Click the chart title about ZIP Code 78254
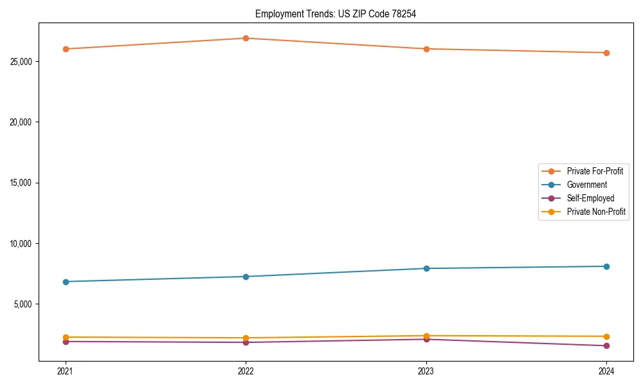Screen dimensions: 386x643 tap(336, 14)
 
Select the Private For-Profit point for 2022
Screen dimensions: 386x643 tap(246, 38)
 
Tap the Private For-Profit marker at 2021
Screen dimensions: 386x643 tap(66, 49)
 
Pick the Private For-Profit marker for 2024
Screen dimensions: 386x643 tap(606, 53)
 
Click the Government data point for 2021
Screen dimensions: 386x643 tap(66, 282)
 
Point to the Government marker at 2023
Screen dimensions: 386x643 tap(426, 268)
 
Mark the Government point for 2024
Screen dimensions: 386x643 tap(606, 266)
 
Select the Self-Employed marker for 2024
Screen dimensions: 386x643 tap(606, 346)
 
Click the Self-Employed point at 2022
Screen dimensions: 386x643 tap(246, 342)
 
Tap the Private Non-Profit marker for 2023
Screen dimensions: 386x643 tap(426, 336)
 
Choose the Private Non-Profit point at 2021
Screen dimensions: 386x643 tap(66, 337)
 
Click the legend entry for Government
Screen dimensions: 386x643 tap(586, 185)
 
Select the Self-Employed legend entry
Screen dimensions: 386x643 tap(590, 198)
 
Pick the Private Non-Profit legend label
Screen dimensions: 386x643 tap(596, 212)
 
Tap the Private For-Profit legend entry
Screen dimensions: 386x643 tap(595, 171)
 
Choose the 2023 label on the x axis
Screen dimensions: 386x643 tap(426, 371)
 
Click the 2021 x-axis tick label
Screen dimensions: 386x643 tap(66, 371)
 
